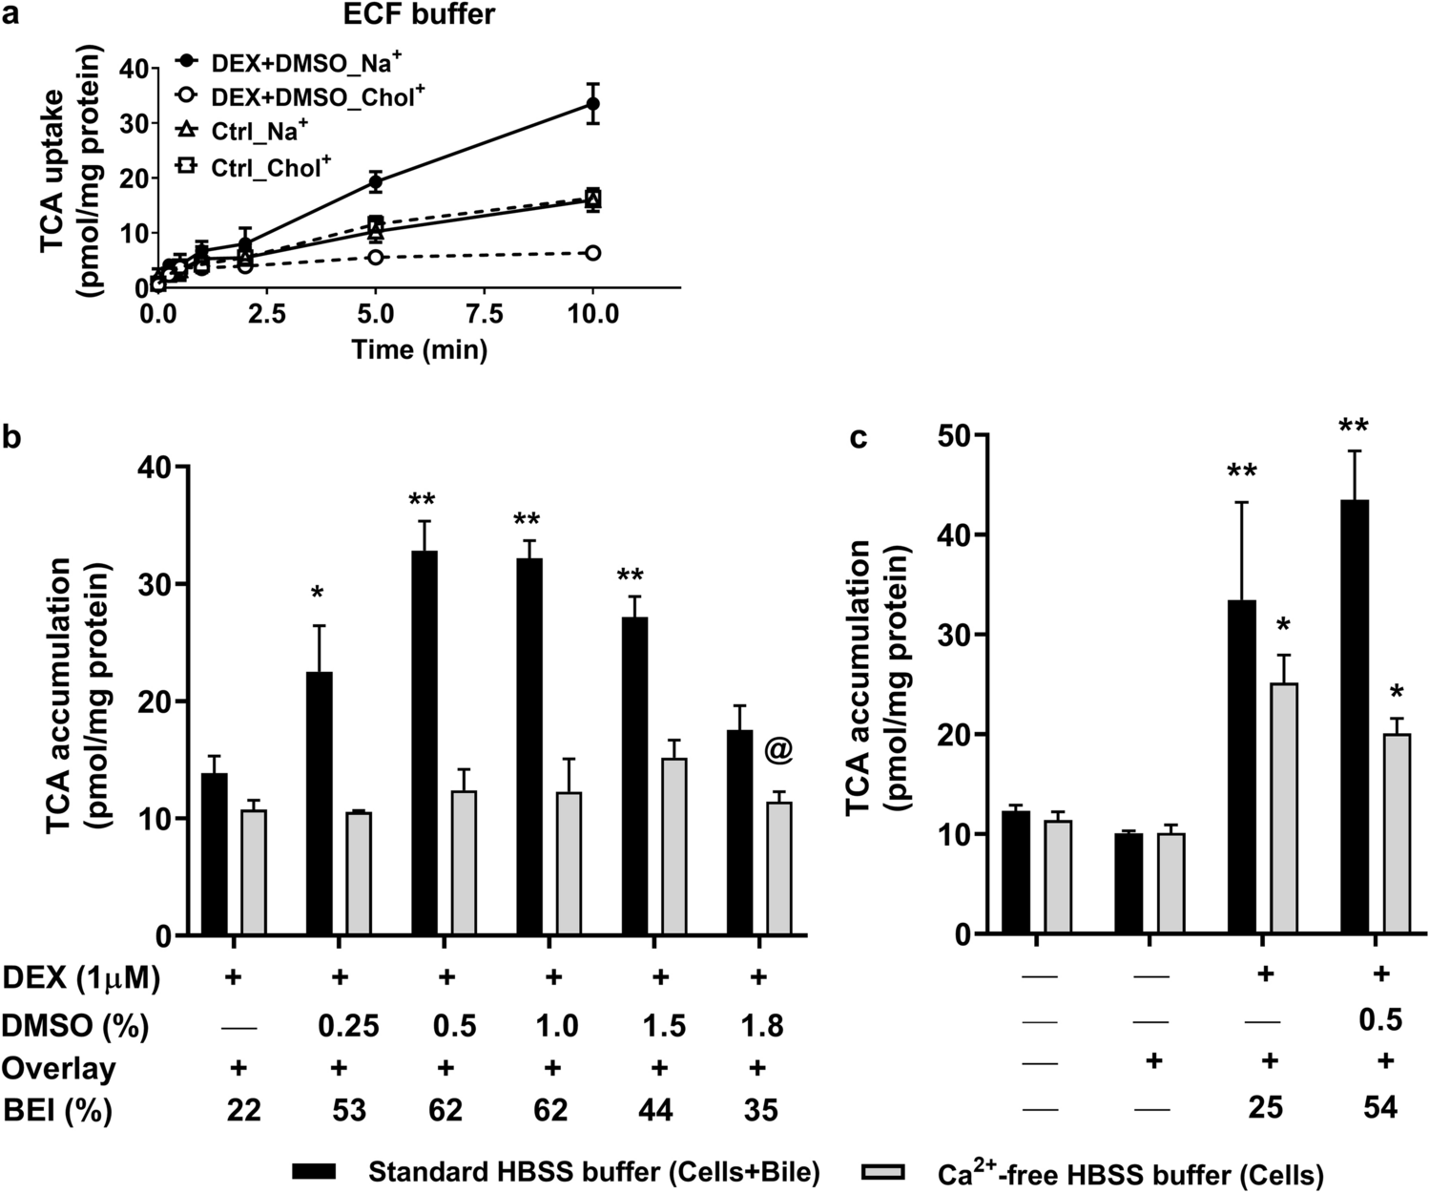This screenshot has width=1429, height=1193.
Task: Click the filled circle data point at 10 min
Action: (592, 103)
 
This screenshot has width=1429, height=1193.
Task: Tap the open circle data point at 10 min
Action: (592, 253)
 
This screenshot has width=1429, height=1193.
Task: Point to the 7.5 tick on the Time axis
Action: (484, 314)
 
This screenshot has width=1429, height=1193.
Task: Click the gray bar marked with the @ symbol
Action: (779, 869)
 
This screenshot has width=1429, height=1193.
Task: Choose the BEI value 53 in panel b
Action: (340, 1110)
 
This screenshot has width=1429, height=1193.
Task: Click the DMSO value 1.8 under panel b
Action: (760, 1026)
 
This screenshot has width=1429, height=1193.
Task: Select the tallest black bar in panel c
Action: (1354, 716)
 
